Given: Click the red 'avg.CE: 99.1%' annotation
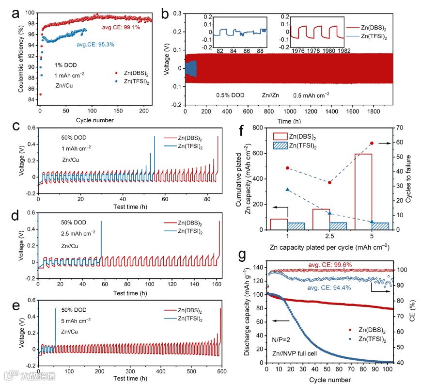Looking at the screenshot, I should click(122, 27).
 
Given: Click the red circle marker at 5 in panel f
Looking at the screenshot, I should click(372, 143).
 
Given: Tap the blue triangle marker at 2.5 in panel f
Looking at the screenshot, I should click(330, 199).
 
